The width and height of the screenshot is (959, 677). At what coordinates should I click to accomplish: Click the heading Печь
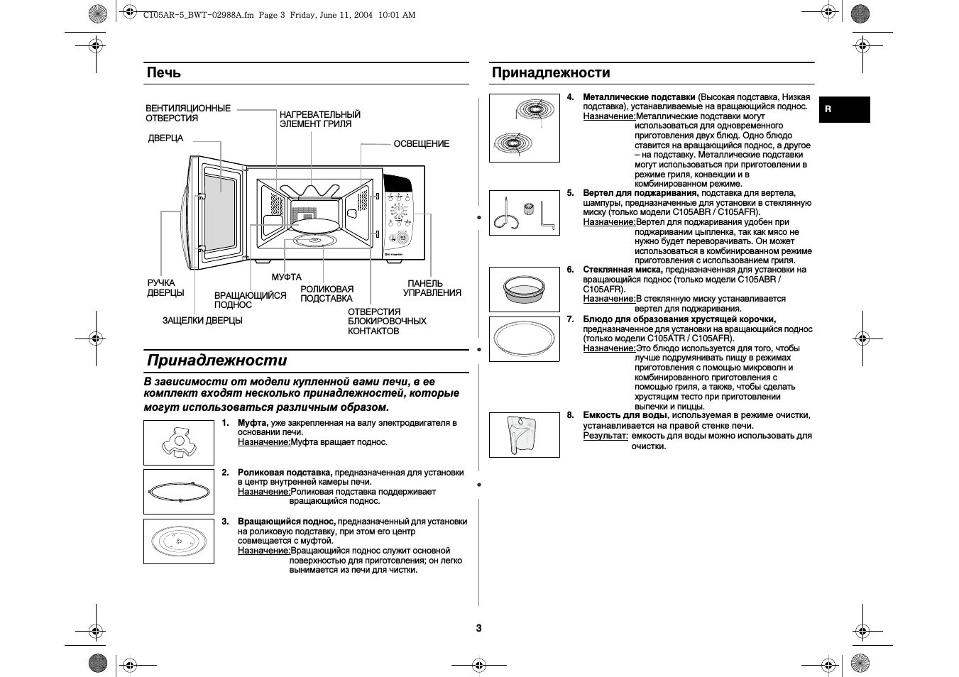164,72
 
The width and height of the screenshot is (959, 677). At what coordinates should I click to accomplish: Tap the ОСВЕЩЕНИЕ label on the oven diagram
422,144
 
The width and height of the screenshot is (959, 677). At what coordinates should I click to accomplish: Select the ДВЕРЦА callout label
165,138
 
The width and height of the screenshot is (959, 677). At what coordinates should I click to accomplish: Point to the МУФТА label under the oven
287,277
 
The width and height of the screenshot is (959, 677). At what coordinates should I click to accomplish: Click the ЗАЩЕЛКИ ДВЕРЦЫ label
202,321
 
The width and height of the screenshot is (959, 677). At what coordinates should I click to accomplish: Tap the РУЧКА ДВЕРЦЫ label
165,288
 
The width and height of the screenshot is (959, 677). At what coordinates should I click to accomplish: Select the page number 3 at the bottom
479,628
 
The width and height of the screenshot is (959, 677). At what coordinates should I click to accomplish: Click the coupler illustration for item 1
179,443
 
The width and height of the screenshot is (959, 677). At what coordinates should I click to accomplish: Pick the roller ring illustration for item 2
179,492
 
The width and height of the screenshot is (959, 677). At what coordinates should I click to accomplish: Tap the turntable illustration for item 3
179,541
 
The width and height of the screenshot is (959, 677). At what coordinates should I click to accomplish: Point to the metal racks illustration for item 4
525,128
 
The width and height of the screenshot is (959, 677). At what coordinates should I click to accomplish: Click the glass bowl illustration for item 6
525,290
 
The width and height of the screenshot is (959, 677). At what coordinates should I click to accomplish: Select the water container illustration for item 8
525,435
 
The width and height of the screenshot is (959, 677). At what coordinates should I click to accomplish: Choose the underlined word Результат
605,436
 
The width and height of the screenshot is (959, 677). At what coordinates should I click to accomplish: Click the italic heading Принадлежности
217,360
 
